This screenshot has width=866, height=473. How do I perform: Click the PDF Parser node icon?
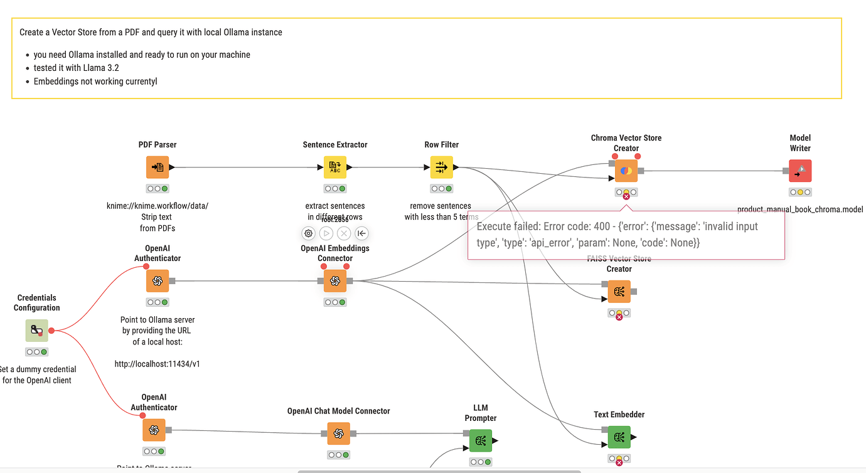[x=158, y=167]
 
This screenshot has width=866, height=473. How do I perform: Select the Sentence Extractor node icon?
[x=335, y=167]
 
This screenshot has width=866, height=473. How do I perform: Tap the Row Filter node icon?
[x=441, y=167]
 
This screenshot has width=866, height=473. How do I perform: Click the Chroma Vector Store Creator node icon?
[x=626, y=171]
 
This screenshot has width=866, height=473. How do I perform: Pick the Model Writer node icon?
[x=800, y=171]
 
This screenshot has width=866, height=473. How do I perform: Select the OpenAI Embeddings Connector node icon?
[x=335, y=281]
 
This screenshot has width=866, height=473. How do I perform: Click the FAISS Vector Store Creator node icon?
[x=619, y=292]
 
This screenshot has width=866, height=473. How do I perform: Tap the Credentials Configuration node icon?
[x=36, y=331]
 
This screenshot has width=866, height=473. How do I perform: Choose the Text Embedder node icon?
[x=619, y=437]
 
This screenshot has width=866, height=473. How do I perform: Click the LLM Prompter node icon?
[x=481, y=440]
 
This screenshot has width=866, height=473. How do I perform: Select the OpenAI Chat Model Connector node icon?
[x=338, y=433]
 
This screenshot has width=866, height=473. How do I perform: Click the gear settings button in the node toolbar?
[x=308, y=233]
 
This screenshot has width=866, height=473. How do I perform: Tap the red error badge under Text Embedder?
[x=619, y=462]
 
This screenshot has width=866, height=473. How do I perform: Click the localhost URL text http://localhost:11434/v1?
[x=158, y=363]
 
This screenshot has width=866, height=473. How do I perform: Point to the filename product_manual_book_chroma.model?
[x=799, y=210]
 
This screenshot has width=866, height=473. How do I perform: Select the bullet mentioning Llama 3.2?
[x=76, y=68]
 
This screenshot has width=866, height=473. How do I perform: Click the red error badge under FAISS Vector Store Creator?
[x=619, y=317]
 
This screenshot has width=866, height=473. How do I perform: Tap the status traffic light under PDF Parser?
[x=158, y=188]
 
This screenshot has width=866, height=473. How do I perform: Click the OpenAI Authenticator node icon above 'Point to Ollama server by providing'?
[x=158, y=281]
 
